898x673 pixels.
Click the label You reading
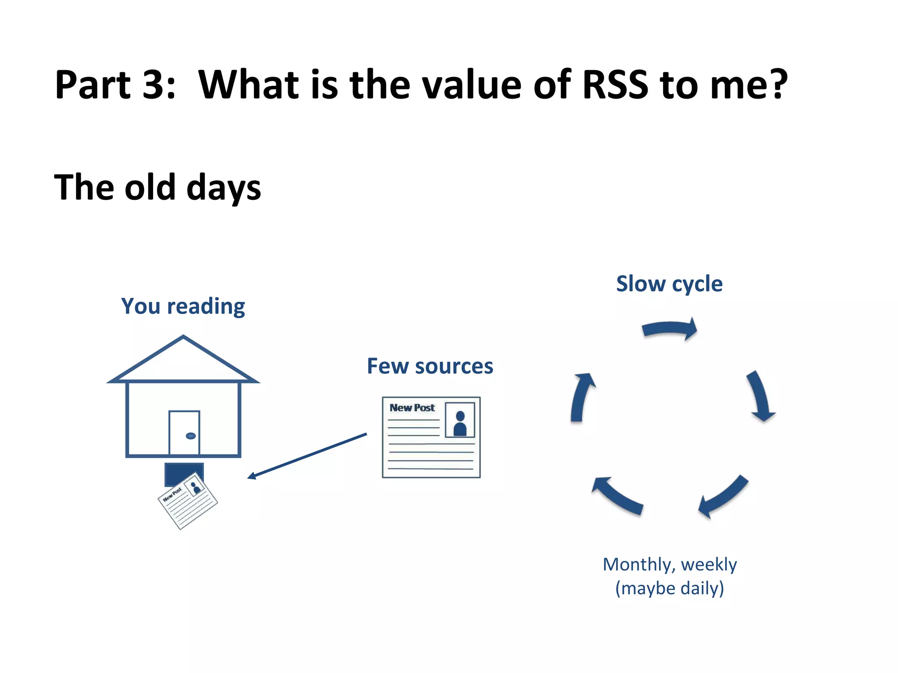[183, 306]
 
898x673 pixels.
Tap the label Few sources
[430, 366]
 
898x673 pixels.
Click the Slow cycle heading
[669, 284]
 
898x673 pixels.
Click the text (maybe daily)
[670, 588]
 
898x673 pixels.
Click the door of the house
[184, 432]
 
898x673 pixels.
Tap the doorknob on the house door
[191, 436]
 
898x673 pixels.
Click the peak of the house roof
[183, 337]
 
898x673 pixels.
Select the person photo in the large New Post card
[460, 420]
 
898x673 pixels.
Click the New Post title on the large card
[412, 408]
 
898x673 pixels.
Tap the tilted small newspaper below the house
[188, 500]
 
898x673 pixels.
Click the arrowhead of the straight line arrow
[251, 476]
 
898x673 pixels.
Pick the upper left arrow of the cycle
[581, 397]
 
